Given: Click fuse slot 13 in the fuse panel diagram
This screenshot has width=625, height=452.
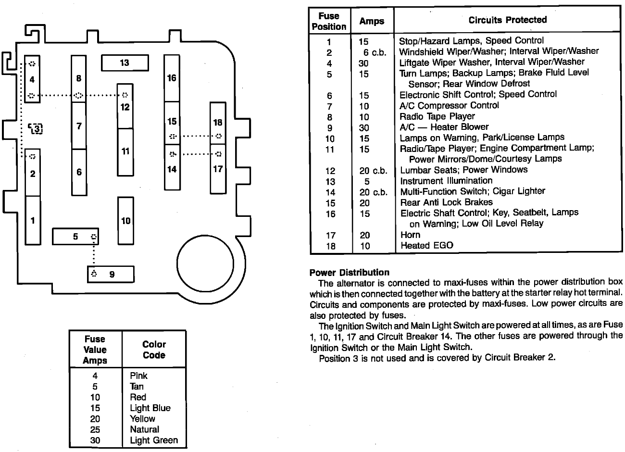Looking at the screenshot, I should pyautogui.click(x=125, y=63).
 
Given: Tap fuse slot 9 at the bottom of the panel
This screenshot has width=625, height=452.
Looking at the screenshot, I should pyautogui.click(x=111, y=274).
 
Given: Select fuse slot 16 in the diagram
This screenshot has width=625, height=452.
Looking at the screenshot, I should pyautogui.click(x=172, y=78).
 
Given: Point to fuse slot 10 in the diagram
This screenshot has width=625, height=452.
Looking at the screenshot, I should pyautogui.click(x=125, y=221).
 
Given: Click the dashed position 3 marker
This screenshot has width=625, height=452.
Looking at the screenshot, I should pyautogui.click(x=36, y=128).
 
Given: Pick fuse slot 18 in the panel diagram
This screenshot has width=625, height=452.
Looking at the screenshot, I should pyautogui.click(x=218, y=123).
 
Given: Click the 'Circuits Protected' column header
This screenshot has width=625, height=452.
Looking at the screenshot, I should pyautogui.click(x=507, y=20).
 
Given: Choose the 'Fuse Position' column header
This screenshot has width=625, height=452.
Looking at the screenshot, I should pyautogui.click(x=329, y=22).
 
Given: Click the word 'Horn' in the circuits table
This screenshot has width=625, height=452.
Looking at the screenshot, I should pyautogui.click(x=410, y=235).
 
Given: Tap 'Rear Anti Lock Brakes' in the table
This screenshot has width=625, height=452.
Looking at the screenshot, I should pyautogui.click(x=446, y=202).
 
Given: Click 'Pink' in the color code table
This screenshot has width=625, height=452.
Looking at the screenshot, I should pyautogui.click(x=138, y=376).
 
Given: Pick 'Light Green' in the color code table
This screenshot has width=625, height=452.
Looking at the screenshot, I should pyautogui.click(x=153, y=440).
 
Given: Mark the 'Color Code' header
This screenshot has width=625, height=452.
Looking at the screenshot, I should pyautogui.click(x=154, y=350).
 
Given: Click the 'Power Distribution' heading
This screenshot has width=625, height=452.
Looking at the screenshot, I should pyautogui.click(x=350, y=273).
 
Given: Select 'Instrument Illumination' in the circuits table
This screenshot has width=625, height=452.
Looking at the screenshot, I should pyautogui.click(x=446, y=181).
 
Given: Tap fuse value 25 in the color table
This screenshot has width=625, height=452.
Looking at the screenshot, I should pyautogui.click(x=95, y=429).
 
